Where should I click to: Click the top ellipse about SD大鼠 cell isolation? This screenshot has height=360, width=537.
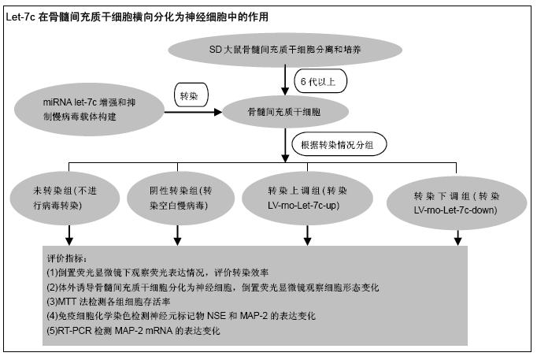point(285,50)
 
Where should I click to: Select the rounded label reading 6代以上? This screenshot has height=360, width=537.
point(320,81)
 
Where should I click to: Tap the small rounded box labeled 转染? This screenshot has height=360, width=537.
point(191,95)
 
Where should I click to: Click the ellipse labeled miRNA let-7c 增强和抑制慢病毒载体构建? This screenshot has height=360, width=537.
point(90,109)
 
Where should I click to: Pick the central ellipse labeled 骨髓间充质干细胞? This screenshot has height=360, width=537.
point(285,112)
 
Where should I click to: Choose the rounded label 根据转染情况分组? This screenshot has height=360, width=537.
point(339,144)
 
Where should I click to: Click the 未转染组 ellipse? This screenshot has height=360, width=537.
point(65,198)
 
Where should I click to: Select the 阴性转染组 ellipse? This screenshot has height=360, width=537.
point(180,198)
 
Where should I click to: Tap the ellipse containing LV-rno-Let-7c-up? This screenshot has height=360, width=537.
point(307,198)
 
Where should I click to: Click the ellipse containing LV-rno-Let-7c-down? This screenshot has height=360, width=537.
point(457,202)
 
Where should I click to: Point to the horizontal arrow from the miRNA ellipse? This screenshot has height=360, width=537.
point(194,112)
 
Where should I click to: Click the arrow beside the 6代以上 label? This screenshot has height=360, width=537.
point(285,80)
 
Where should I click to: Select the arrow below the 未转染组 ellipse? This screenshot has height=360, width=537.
point(69,235)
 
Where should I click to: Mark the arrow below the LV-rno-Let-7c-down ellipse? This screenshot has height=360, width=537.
point(458,237)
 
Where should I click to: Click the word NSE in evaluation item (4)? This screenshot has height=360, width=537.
point(217,316)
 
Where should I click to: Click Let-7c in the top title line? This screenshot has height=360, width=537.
point(20,17)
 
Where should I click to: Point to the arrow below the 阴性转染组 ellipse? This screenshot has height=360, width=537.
point(177,235)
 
